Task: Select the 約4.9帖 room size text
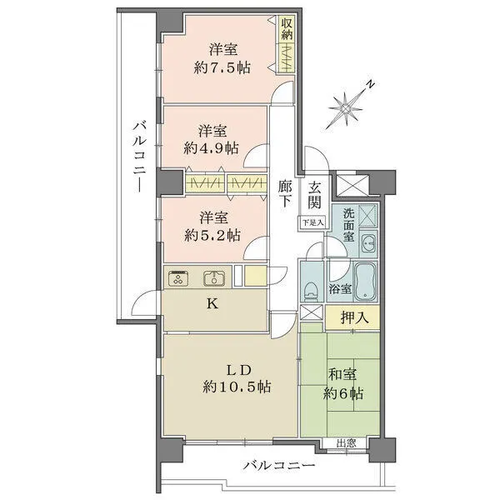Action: (x=212, y=148)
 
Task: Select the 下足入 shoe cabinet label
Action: (x=312, y=222)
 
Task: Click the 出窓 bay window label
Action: (x=347, y=442)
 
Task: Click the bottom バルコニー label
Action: (x=278, y=466)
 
